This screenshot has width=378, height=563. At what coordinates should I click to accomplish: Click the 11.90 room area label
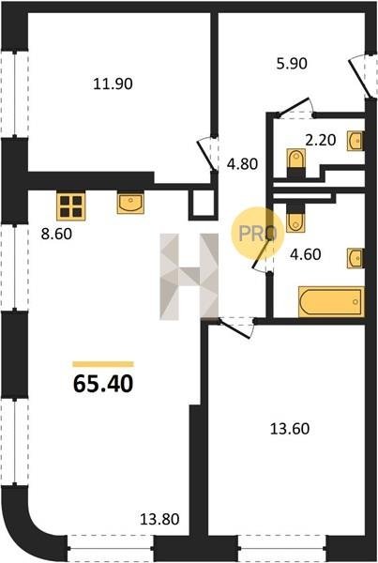point(113,84)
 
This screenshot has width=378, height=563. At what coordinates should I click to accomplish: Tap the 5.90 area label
point(292,64)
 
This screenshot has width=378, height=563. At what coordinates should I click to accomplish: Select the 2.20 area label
point(321,140)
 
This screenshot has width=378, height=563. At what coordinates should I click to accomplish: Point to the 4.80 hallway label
point(243,164)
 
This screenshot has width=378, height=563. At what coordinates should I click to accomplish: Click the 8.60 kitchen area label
point(56,234)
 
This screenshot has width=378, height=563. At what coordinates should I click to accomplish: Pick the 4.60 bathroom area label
point(306,254)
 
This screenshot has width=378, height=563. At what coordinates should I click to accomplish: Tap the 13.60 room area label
point(290,429)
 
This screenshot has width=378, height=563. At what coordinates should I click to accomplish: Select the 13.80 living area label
point(159,519)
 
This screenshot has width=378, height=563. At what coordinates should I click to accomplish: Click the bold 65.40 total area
point(103,384)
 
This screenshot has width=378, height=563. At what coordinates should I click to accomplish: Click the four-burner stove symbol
point(70,205)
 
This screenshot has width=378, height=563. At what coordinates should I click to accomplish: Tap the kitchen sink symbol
point(130,204)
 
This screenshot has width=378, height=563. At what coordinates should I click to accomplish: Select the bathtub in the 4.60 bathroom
point(331,302)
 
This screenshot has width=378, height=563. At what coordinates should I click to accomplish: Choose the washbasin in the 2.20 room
point(355,141)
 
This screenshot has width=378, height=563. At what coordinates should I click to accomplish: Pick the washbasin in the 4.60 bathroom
point(355,258)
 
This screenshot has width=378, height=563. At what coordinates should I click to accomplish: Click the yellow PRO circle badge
point(257,234)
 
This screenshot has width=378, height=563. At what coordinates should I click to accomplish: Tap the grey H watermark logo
point(189,277)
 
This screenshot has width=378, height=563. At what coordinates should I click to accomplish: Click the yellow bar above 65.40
point(103,364)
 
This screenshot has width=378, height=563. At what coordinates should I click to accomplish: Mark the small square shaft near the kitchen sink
point(202,205)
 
